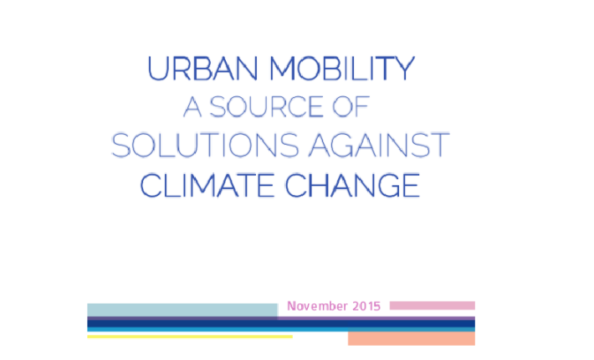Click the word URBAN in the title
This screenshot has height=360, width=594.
coord(202,69)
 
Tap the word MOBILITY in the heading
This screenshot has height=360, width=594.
coord(342,69)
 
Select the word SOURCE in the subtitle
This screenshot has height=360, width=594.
coord(266,106)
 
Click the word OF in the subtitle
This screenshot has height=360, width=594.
coord(351,106)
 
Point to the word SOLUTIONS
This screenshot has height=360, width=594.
coord(205,145)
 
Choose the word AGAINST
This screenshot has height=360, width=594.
coord(379,145)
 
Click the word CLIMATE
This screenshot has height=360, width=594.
coord(207,185)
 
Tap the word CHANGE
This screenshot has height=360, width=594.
coord(352,185)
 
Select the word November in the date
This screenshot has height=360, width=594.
coord(317,306)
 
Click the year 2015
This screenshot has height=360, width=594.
coord(366,306)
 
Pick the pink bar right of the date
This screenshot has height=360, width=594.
coord(433,306)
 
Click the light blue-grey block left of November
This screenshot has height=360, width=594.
coord(182,310)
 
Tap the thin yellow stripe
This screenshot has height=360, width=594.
coord(190,337)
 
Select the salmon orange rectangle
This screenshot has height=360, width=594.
coord(412,338)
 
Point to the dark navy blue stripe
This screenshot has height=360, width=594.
coord(281,324)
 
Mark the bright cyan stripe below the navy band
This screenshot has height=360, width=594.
coord(281,329)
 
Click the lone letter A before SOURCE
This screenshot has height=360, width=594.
coord(192,106)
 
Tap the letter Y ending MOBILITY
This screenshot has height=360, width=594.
coord(405,69)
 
